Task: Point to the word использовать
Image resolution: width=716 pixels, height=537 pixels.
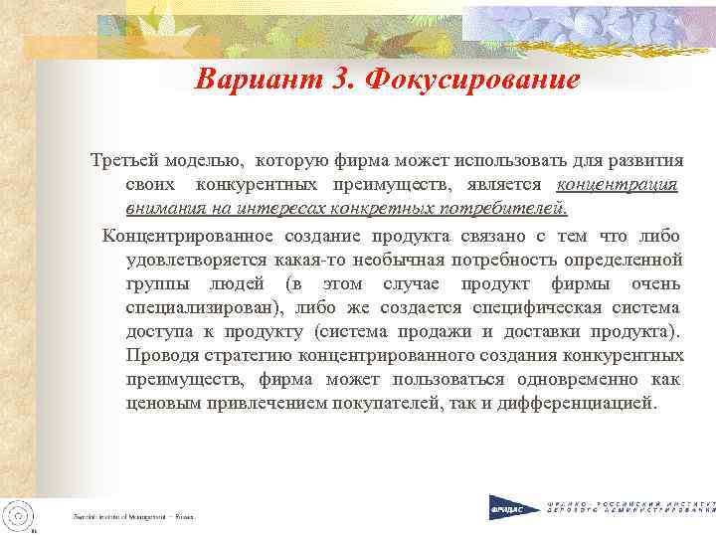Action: click(x=508, y=160)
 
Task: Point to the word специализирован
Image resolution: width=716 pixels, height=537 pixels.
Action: click(x=202, y=307)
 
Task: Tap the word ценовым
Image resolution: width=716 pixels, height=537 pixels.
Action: click(x=158, y=404)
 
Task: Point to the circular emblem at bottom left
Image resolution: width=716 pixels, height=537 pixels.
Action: click(x=19, y=514)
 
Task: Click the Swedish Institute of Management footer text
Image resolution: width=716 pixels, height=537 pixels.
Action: click(x=132, y=517)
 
